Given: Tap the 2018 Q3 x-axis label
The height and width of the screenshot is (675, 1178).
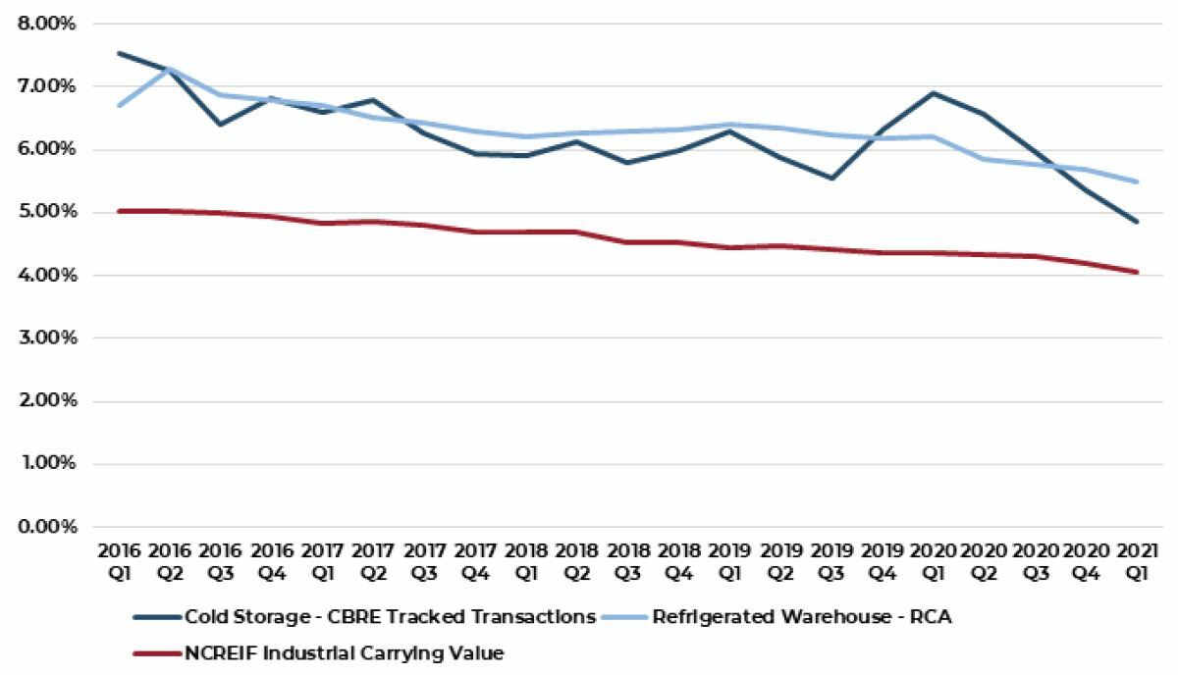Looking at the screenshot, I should click(628, 560).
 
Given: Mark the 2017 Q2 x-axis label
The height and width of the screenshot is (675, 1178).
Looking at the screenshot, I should click(373, 560).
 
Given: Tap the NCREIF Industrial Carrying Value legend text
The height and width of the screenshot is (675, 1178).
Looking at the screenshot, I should click(344, 651).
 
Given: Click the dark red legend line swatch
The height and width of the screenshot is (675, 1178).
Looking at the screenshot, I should click(156, 651).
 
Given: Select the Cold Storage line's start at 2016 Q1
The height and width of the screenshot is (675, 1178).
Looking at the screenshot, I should click(118, 53).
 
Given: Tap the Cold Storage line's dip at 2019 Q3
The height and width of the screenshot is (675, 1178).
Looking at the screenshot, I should click(831, 179).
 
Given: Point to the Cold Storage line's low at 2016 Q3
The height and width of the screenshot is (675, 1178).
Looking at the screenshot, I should click(220, 124).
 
